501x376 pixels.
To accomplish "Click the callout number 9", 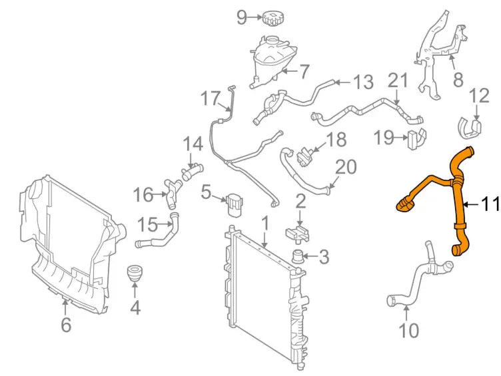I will [242, 17].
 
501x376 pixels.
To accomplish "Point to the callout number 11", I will [490, 205].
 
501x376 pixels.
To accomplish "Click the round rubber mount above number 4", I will [135, 274].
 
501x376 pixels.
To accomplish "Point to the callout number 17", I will [210, 99].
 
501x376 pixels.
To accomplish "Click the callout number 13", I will [363, 83].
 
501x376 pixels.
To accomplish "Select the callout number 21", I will [397, 81].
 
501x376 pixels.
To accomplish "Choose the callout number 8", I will [458, 80].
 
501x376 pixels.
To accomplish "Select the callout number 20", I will [346, 166].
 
